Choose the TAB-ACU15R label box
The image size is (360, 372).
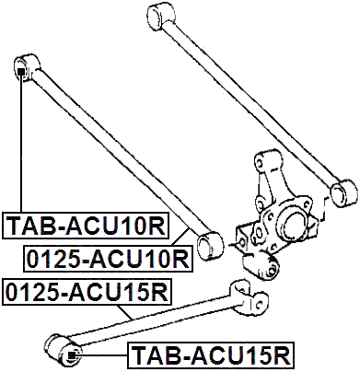point(210,353)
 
